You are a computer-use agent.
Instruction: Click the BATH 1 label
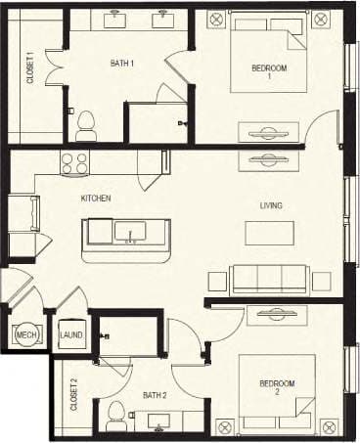point(121,64)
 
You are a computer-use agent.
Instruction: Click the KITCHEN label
point(96,199)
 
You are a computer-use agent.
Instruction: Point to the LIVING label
point(271,205)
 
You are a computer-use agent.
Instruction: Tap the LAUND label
point(70,335)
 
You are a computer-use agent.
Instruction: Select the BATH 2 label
point(154,395)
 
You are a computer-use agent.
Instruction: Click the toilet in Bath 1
point(86,123)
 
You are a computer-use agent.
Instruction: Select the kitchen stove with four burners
point(75,162)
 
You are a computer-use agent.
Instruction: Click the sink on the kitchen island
point(129,232)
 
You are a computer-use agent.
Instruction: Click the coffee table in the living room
point(269,233)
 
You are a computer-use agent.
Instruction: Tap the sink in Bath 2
point(158,426)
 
